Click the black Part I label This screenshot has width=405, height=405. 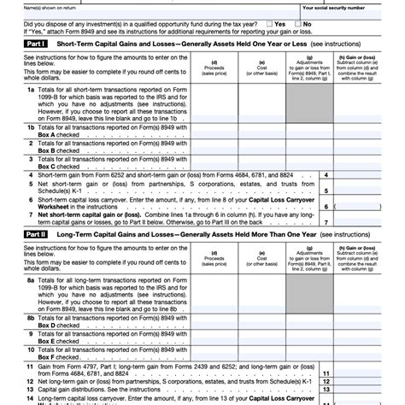pyautogui.click(x=36, y=42)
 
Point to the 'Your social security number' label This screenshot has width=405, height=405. pyautogui.click(x=339, y=7)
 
